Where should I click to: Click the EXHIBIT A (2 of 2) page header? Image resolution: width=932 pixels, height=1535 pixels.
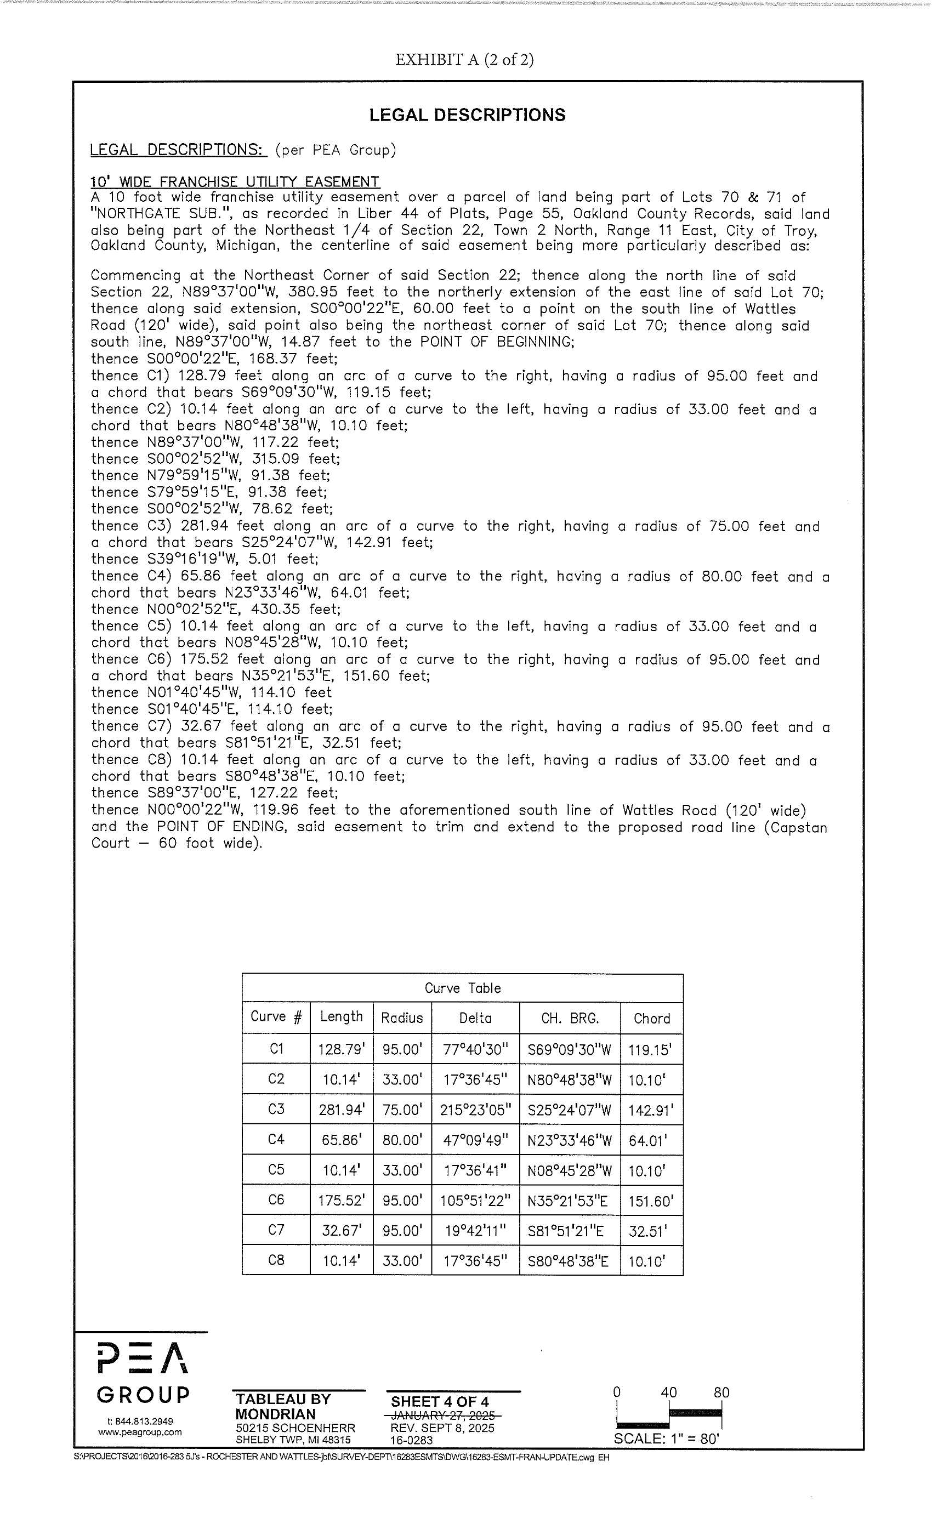[x=464, y=59]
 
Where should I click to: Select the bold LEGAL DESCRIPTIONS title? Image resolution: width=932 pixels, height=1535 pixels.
[x=467, y=115]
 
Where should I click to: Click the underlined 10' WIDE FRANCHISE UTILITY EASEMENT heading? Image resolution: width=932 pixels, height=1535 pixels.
[x=235, y=182]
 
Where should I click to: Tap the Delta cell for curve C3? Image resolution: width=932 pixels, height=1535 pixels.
[x=475, y=1110]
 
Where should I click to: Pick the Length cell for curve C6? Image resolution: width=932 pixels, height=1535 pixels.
[x=341, y=1201]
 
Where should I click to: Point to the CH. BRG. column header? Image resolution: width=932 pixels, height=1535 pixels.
[x=570, y=1019]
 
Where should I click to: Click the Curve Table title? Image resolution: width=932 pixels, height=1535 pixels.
[x=462, y=988]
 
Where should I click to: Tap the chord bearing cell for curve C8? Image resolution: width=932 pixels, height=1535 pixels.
[x=570, y=1261]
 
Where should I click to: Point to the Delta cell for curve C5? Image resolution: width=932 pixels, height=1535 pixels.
[x=475, y=1170]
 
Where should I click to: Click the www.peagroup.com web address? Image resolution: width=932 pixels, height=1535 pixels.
[x=140, y=1431]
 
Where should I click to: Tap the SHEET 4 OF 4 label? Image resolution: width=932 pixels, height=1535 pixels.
[x=439, y=1402]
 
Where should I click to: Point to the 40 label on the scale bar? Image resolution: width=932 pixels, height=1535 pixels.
[x=668, y=1392]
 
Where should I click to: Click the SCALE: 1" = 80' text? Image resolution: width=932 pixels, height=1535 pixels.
[x=666, y=1439]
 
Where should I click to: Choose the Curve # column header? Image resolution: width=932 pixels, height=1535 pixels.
[x=276, y=1017]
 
